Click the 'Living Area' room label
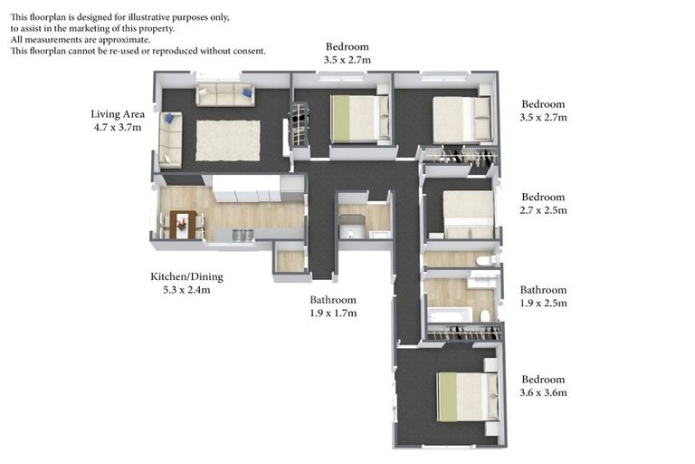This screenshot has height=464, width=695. (x=118, y=114)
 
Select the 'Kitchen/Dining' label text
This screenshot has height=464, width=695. (x=186, y=277)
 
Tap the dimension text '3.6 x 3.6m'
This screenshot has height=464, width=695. (x=543, y=392)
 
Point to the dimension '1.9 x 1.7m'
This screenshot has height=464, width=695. (x=333, y=314)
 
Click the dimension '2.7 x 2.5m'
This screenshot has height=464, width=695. (x=543, y=210)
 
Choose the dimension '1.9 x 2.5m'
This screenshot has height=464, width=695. (x=543, y=304)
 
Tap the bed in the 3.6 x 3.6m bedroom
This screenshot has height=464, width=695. (x=465, y=397)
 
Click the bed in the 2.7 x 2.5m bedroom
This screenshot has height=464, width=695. (x=468, y=213)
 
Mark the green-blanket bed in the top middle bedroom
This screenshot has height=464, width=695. (x=356, y=118)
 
